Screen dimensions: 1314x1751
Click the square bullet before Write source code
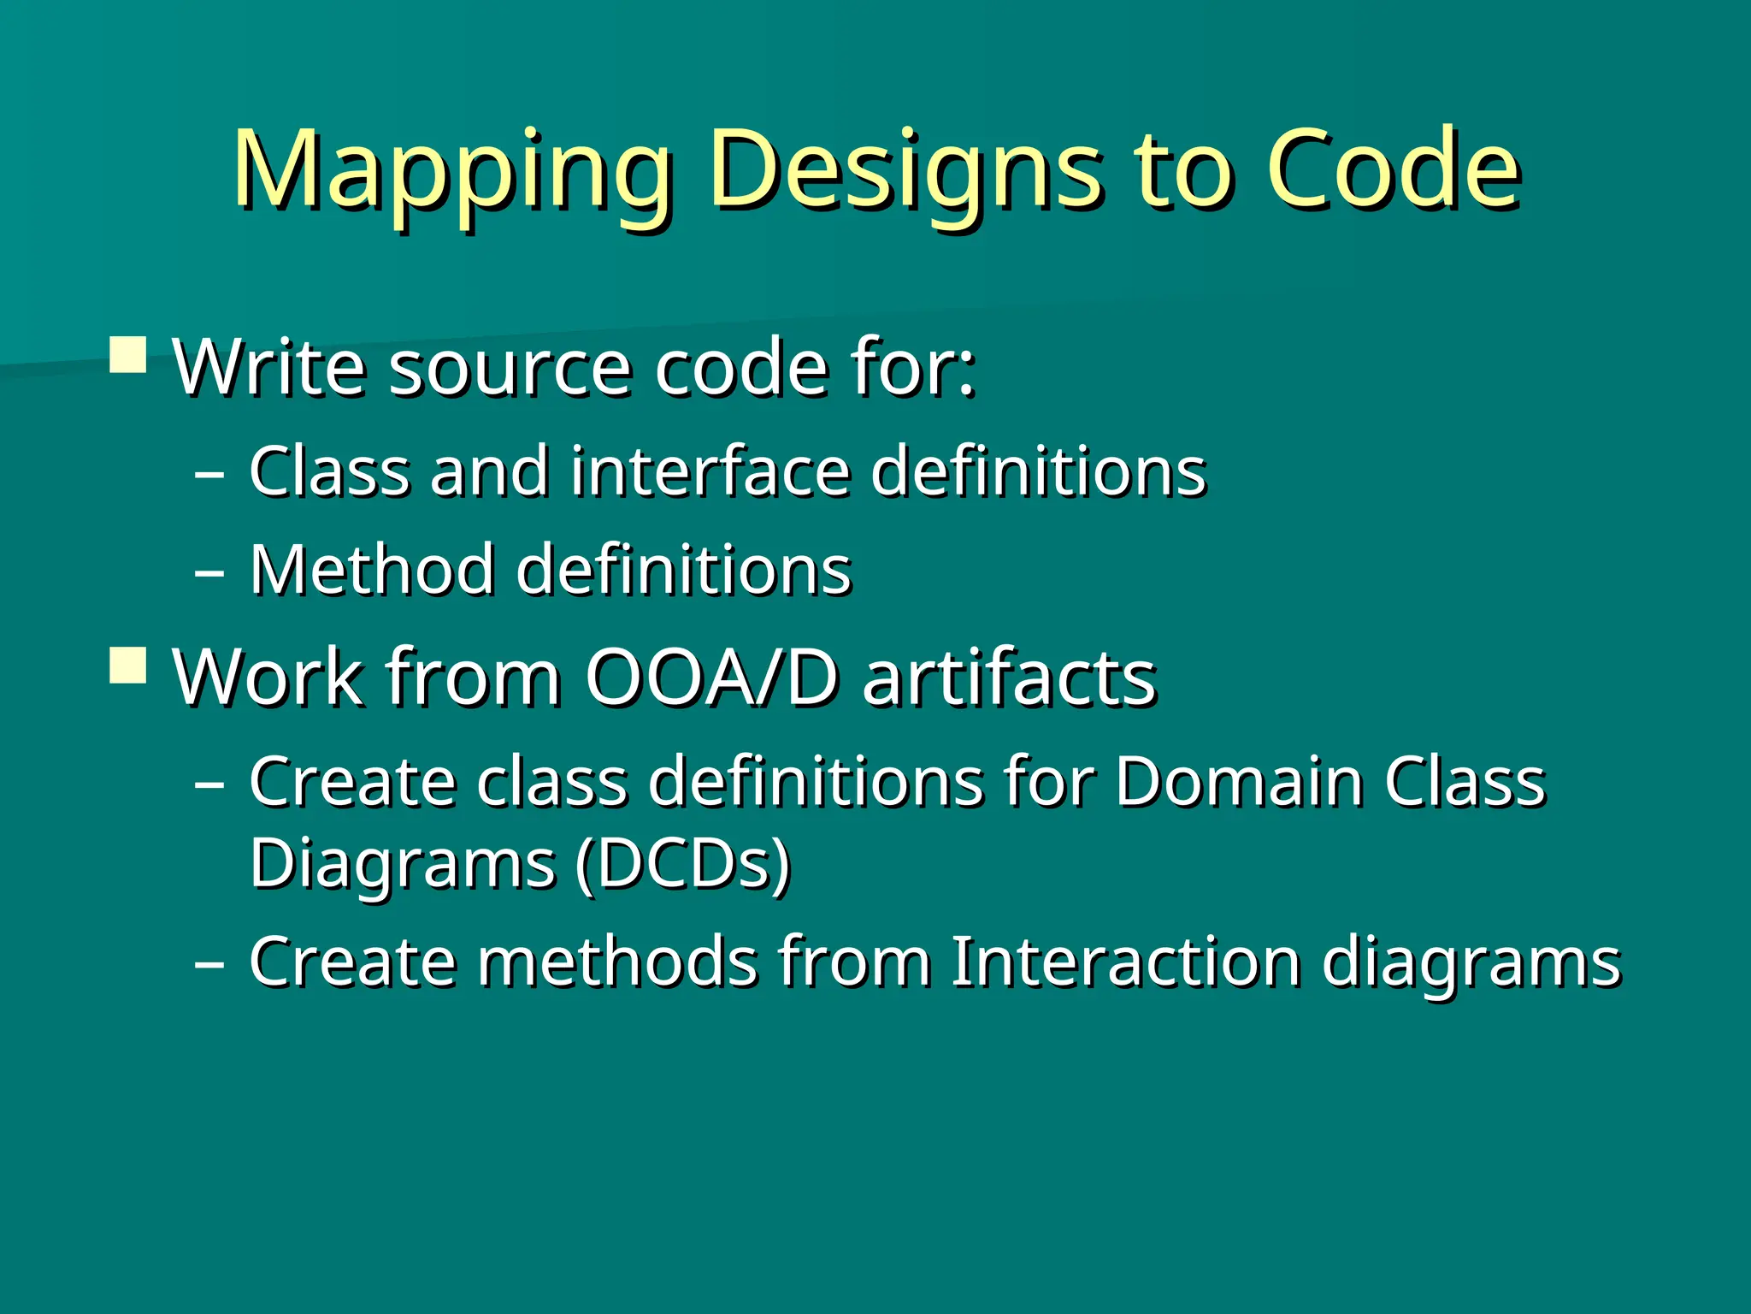click(x=129, y=353)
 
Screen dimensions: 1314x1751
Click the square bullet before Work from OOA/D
click(x=129, y=664)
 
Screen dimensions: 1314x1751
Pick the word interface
click(x=710, y=471)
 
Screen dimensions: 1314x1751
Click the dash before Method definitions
click(x=209, y=571)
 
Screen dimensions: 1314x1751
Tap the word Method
click(x=372, y=570)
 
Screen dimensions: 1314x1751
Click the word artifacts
click(x=1009, y=678)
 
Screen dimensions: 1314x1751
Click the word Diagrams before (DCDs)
click(x=402, y=866)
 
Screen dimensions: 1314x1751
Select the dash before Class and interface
click(x=209, y=472)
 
